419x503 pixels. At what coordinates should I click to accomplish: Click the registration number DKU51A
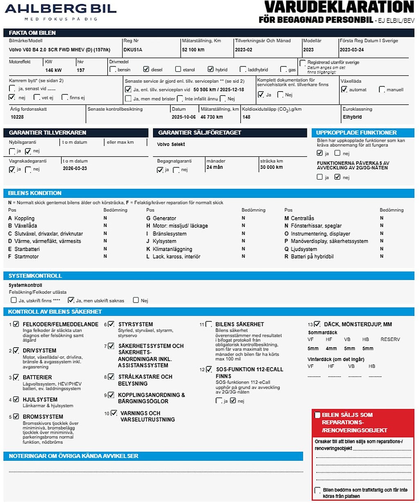pos(133,49)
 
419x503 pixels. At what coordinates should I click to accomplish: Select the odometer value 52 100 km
pos(193,49)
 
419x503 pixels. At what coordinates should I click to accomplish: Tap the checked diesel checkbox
pos(146,69)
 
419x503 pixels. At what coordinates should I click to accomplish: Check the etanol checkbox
pos(178,69)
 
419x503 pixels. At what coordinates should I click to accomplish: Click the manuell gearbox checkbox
pos(382,89)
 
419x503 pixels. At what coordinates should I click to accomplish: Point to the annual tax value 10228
pos(17,117)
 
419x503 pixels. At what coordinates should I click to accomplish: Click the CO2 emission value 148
pos(246,117)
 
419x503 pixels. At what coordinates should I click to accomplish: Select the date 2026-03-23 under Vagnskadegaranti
pos(75,168)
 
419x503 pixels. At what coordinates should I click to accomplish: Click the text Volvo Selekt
pos(171,144)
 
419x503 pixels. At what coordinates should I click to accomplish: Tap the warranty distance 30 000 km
pos(271,167)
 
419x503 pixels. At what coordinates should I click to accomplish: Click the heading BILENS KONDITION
pos(35,193)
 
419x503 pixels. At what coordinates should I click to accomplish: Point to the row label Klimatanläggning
pos(172,249)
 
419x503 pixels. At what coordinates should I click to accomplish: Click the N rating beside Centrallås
pos(381,218)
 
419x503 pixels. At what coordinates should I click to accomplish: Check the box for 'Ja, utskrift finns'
pos(14,300)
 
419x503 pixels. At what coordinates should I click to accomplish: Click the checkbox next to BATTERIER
pos(16,377)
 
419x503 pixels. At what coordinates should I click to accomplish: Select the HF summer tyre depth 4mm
pos(331,349)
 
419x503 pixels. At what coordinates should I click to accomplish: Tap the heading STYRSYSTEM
pos(135,324)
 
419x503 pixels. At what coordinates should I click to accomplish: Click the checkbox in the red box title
pos(317,415)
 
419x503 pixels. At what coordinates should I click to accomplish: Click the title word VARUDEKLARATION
pos(339,7)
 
